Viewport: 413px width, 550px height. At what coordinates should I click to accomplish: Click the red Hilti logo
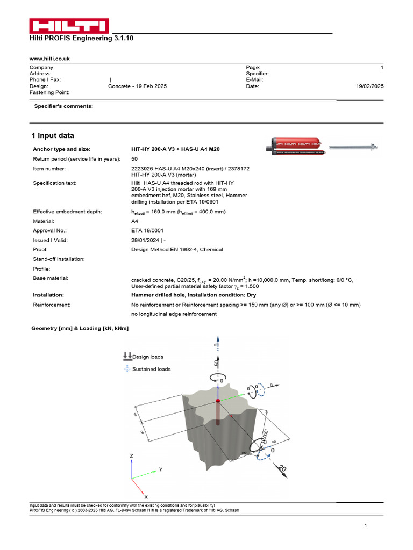pyautogui.click(x=69, y=26)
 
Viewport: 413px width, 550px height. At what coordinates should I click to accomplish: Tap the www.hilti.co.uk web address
pyautogui.click(x=49, y=58)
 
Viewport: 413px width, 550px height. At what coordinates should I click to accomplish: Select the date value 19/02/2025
pyautogui.click(x=369, y=86)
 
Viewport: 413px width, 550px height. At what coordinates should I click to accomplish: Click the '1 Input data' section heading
pyautogui.click(x=53, y=136)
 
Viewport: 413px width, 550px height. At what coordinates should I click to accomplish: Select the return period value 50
pyautogui.click(x=134, y=159)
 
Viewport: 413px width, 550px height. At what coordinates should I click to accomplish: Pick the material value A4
pyautogui.click(x=134, y=221)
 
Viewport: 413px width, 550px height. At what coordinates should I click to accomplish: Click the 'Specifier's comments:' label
pyautogui.click(x=63, y=106)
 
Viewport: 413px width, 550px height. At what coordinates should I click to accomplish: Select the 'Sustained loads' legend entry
pyautogui.click(x=151, y=369)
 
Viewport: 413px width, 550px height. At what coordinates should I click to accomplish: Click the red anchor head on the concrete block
pyautogui.click(x=218, y=401)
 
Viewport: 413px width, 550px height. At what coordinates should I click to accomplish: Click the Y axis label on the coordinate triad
pyautogui.click(x=160, y=469)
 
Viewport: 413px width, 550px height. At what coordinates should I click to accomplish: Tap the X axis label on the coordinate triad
pyautogui.click(x=146, y=497)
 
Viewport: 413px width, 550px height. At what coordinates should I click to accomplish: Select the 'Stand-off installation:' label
pyautogui.click(x=59, y=259)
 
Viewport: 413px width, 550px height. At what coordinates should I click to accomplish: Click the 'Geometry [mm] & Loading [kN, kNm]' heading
pyautogui.click(x=80, y=328)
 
